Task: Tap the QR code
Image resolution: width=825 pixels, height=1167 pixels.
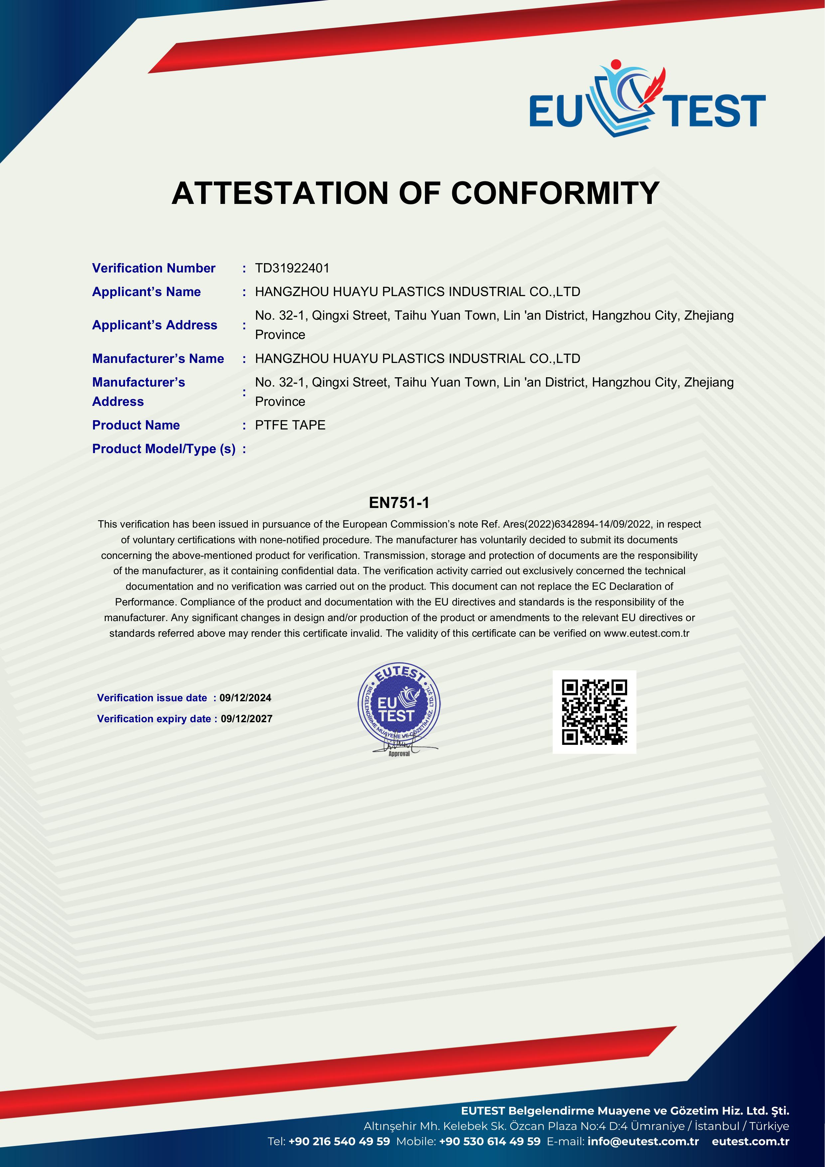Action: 594,712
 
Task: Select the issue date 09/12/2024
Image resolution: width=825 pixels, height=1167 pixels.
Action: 245,698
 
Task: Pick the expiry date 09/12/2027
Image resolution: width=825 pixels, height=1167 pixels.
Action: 246,719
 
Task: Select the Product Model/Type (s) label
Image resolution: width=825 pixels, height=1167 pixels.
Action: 164,449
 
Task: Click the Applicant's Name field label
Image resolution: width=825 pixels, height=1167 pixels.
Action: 146,292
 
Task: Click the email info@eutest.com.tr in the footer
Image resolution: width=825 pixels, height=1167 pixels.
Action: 643,1141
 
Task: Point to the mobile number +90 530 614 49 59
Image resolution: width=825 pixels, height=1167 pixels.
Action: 490,1141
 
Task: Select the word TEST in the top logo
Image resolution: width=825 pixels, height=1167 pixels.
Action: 716,110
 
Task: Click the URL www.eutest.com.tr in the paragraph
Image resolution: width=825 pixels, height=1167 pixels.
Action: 646,633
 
